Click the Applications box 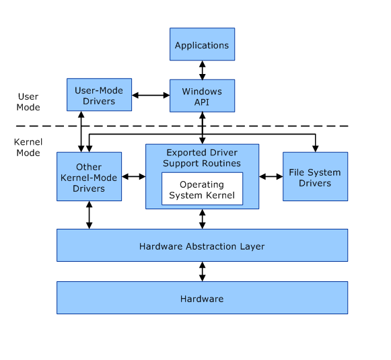click(203, 44)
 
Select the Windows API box click(203, 96)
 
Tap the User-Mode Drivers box click(99, 95)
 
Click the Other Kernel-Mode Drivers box click(90, 176)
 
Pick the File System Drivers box click(315, 176)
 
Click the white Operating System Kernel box click(203, 188)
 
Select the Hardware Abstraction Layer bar click(203, 246)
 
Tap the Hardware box click(203, 297)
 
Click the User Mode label click(28, 102)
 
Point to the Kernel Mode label click(28, 147)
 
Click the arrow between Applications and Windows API click(203, 70)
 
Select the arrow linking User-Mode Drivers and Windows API click(151, 96)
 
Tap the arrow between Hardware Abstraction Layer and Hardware click(203, 271)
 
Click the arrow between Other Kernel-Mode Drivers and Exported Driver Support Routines click(134, 176)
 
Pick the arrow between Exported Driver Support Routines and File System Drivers click(271, 176)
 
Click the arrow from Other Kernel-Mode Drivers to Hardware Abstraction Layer click(90, 215)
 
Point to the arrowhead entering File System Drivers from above click(316, 149)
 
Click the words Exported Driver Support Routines click(202, 158)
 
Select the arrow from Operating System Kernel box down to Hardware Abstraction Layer click(203, 219)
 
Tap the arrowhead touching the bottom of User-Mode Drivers click(81, 114)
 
